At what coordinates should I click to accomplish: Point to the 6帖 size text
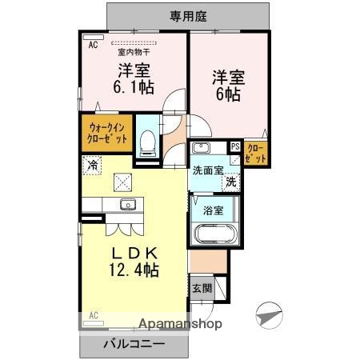[228, 94]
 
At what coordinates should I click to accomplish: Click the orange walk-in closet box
[104, 132]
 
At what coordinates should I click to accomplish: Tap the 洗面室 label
[208, 170]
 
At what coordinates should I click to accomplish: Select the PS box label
[235, 146]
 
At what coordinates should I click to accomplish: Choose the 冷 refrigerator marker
[92, 166]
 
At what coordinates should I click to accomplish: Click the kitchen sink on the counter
[128, 205]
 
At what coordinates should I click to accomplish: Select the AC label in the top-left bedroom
[93, 46]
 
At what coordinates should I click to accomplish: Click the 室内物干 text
[136, 53]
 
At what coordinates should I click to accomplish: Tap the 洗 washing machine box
[230, 182]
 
